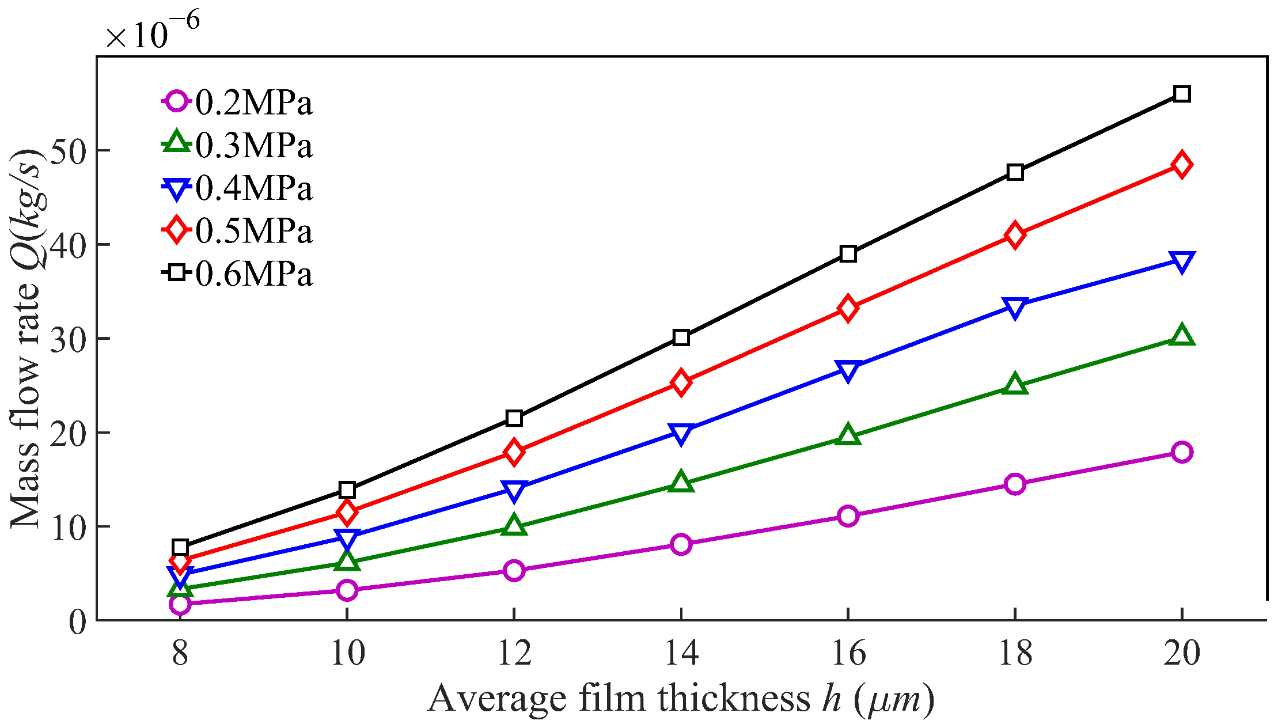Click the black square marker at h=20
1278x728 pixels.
click(x=1181, y=94)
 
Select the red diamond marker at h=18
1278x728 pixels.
click(x=1015, y=236)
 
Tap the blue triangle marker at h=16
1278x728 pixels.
click(x=848, y=370)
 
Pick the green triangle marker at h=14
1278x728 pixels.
click(x=681, y=482)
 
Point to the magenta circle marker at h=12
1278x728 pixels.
click(x=514, y=570)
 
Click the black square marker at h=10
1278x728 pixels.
click(x=347, y=490)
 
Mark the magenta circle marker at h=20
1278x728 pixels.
click(x=1181, y=452)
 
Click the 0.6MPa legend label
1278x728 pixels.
click(x=253, y=274)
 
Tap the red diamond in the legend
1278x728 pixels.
click(x=176, y=230)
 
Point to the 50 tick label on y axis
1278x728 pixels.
click(x=67, y=151)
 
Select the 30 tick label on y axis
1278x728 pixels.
click(x=67, y=340)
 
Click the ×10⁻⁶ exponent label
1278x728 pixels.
click(x=153, y=32)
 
